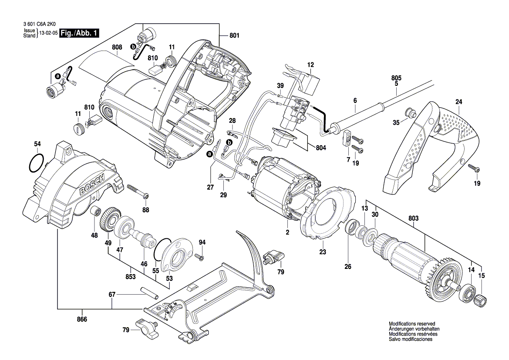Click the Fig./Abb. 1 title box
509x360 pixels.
coord(80,33)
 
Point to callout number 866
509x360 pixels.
coord(82,319)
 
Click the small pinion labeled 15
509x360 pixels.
coord(481,301)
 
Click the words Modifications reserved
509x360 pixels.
coord(411,324)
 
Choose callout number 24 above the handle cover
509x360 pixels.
coord(458,102)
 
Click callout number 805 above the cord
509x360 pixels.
coord(396,78)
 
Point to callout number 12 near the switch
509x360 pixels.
coord(310,65)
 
